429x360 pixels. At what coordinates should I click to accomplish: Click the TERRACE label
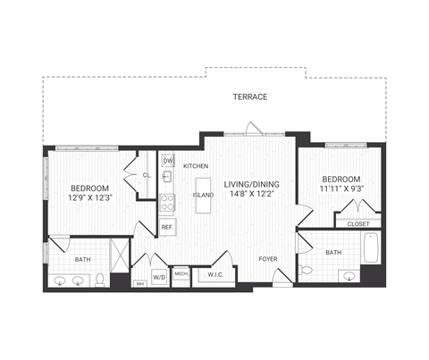(x=250, y=96)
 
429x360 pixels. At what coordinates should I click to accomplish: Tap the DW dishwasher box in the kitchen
(x=167, y=161)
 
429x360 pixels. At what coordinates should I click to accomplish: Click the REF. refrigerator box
(x=167, y=227)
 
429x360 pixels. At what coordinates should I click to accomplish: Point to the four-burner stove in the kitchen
(x=166, y=205)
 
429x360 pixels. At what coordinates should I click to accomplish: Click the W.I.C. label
(x=214, y=275)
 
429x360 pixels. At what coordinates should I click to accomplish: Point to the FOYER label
(x=268, y=259)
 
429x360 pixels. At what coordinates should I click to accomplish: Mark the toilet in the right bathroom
(x=307, y=269)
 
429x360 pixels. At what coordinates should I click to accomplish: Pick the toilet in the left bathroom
(x=101, y=280)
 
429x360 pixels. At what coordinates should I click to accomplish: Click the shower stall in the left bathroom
(x=117, y=254)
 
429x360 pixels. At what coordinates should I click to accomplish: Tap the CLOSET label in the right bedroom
(x=357, y=223)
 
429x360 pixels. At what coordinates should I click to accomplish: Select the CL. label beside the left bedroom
(x=147, y=175)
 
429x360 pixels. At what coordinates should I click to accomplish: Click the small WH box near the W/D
(x=139, y=284)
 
